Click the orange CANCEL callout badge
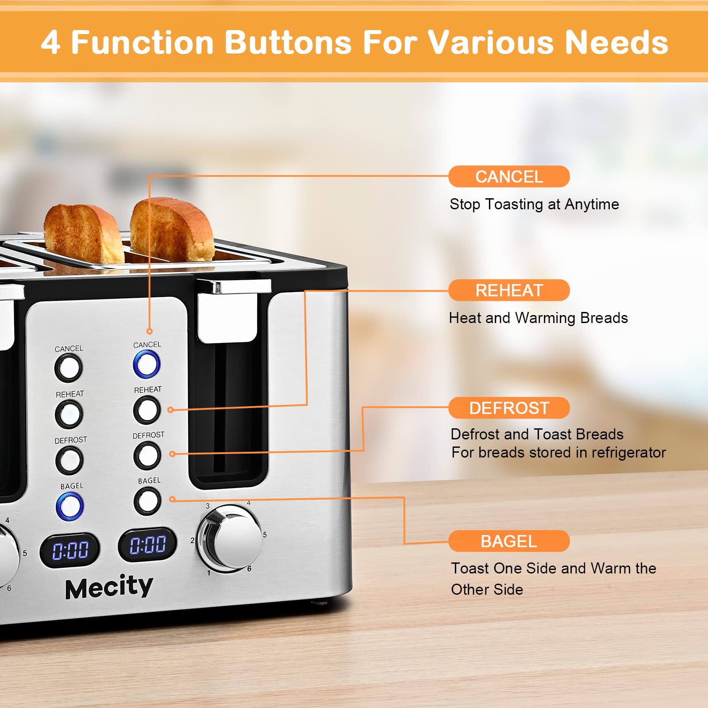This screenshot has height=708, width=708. point(509,177)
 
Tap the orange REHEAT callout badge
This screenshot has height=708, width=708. point(509,290)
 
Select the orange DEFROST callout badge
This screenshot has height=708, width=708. point(509,408)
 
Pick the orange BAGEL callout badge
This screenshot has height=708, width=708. point(509,541)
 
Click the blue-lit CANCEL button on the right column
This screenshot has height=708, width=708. point(146,364)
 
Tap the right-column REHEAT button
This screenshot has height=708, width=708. point(147,410)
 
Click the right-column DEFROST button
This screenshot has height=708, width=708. point(147,455)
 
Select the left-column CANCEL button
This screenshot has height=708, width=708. point(68,368)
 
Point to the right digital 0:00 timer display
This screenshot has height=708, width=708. point(147,544)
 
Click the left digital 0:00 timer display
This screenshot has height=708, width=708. point(70,550)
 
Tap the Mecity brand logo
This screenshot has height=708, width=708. point(109,588)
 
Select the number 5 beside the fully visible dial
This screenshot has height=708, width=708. point(265,535)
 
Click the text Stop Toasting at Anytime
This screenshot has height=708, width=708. point(534,204)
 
